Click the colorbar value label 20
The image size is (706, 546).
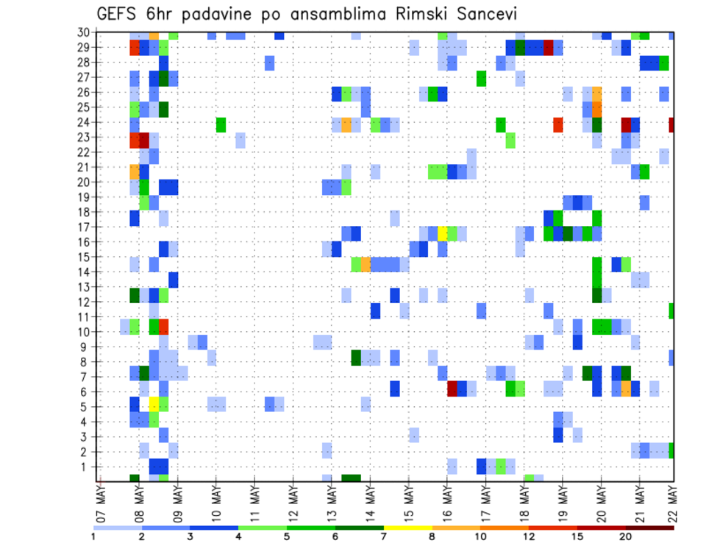[626, 536]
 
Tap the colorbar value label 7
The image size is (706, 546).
[384, 536]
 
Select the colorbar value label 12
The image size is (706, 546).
[529, 536]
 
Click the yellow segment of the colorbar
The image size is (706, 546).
[408, 527]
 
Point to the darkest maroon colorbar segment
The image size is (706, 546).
[650, 527]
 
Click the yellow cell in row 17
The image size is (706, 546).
[443, 233]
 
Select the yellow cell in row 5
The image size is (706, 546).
[154, 403]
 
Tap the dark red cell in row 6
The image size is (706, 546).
[452, 389]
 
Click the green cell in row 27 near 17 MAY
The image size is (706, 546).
[481, 78]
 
